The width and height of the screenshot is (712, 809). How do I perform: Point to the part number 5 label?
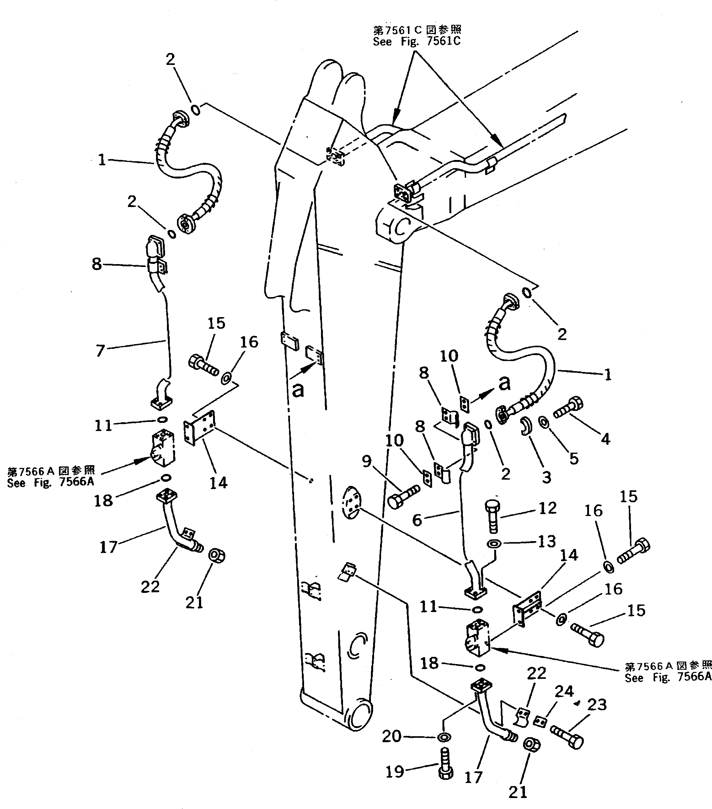pyautogui.click(x=574, y=458)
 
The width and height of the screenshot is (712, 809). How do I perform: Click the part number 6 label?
pyautogui.click(x=417, y=520)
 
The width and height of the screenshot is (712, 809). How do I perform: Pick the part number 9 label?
pyautogui.click(x=367, y=461)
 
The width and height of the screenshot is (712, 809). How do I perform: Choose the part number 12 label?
pyautogui.click(x=548, y=508)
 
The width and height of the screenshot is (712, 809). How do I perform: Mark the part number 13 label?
pyautogui.click(x=547, y=541)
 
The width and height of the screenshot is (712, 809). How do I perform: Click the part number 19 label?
pyautogui.click(x=394, y=771)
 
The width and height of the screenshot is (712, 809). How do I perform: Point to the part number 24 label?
pyautogui.click(x=564, y=691)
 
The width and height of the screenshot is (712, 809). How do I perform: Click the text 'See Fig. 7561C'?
pyautogui.click(x=417, y=41)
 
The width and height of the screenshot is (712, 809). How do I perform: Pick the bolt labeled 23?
pyautogui.click(x=567, y=737)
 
